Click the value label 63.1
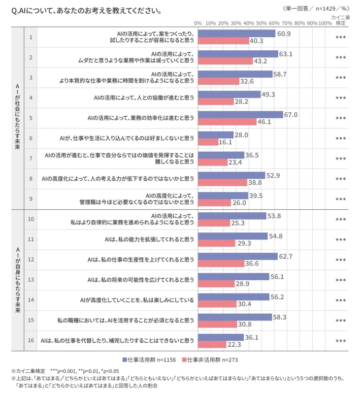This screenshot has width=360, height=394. click(287, 54)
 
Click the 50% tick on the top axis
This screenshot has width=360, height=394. click(261, 23)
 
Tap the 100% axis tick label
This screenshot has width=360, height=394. click(325, 23)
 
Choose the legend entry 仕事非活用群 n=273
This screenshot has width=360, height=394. click(206, 360)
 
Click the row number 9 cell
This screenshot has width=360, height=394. click(31, 199)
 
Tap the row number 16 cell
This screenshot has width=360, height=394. click(31, 340)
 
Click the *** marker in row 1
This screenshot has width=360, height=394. click(340, 37)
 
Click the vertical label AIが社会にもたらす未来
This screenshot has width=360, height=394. click(17, 118)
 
